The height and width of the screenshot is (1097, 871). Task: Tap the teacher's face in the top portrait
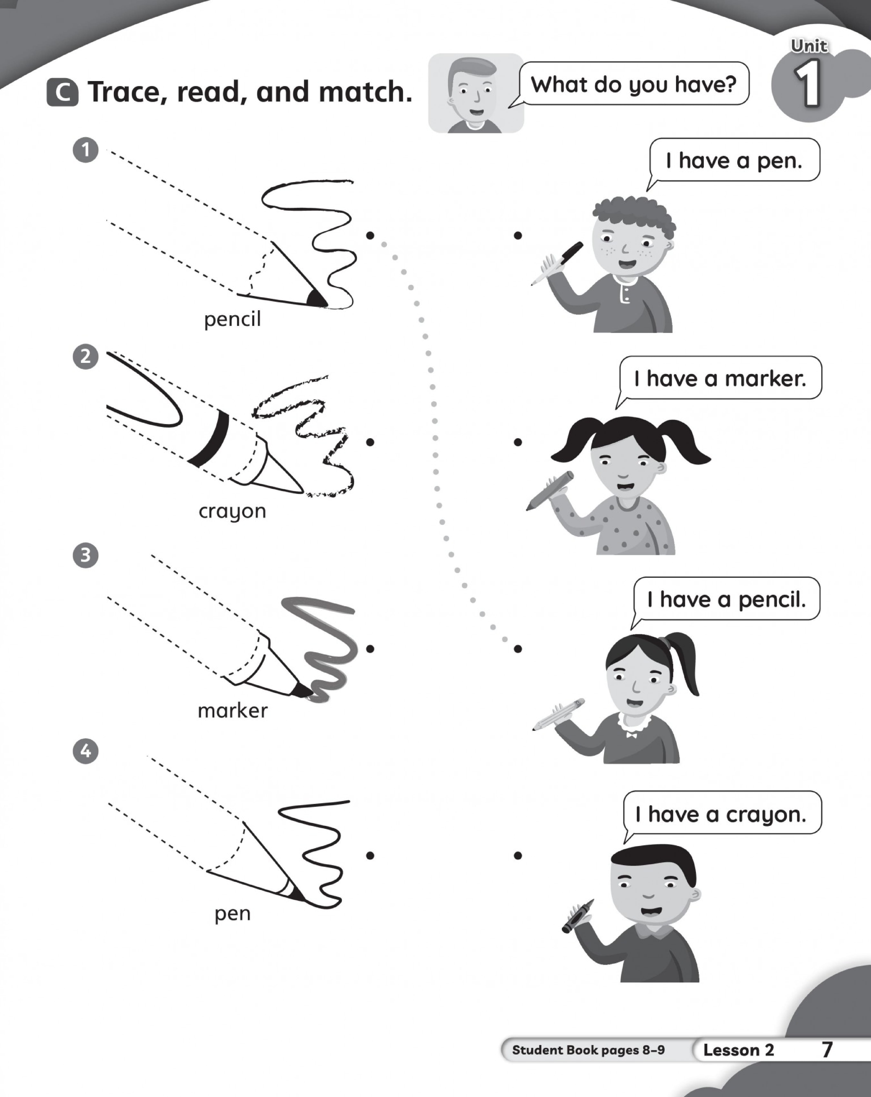point(471,92)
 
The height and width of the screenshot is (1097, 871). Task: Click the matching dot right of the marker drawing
point(370,649)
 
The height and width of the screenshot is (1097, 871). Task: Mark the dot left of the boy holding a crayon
point(518,856)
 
